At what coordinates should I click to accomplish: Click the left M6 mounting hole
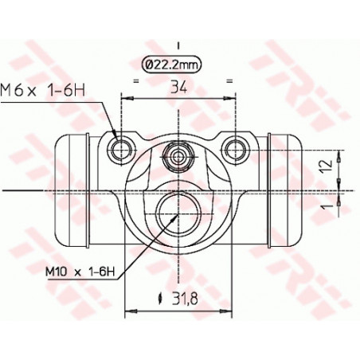(121, 147)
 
